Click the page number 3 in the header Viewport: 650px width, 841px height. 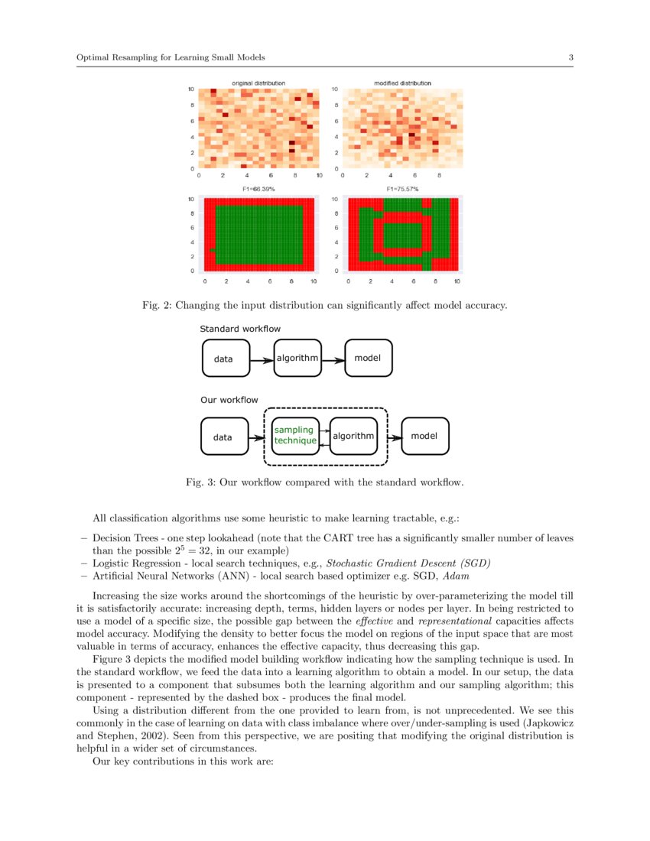coord(570,57)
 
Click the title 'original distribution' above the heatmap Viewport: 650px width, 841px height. coord(258,83)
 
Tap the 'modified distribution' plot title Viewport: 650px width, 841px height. coord(402,83)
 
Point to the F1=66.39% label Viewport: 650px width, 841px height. coord(258,189)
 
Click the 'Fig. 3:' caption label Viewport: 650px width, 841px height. coord(201,482)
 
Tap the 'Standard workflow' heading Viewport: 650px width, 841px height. coord(240,330)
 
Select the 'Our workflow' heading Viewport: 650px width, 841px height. coord(229,400)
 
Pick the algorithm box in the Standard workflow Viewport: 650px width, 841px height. coord(297,358)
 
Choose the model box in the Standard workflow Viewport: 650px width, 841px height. coord(369,358)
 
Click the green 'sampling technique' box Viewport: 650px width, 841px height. coord(295,436)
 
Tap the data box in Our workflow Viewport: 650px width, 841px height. coord(224,437)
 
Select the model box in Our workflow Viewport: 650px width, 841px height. coord(425,436)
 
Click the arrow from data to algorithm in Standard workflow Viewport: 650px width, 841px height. coord(262,359)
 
